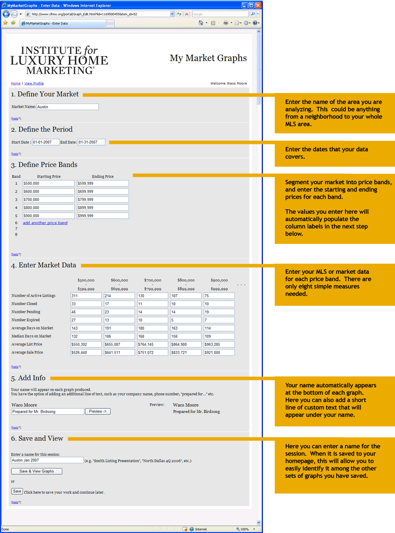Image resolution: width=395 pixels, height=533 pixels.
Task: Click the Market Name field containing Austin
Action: [67, 107]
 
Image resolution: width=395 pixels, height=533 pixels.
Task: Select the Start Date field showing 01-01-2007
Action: [45, 142]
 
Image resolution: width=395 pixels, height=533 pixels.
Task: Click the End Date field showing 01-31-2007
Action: [91, 142]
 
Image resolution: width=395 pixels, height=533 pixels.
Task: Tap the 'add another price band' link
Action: [45, 223]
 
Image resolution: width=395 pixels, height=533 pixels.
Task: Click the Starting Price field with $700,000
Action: [48, 200]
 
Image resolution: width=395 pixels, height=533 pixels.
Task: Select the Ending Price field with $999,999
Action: [103, 216]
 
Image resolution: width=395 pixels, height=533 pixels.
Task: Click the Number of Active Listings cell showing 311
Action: [86, 296]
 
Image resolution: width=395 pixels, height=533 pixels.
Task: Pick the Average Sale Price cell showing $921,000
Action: [219, 353]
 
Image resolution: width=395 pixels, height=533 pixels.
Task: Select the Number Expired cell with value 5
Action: [186, 320]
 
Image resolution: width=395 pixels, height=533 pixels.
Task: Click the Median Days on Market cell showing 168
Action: [152, 336]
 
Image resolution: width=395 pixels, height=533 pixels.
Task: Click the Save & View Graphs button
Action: [36, 471]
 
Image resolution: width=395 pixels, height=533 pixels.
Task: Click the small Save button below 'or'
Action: [17, 491]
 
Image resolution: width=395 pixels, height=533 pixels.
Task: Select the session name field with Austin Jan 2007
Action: [47, 460]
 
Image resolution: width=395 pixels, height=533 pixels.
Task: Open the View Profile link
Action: [34, 83]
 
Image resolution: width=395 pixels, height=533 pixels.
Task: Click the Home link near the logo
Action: [16, 83]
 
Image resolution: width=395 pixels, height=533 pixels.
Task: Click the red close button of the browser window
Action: [258, 5]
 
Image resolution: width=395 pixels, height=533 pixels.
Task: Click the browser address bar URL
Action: [99, 14]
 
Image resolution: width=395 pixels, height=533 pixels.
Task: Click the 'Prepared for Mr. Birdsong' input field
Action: [47, 411]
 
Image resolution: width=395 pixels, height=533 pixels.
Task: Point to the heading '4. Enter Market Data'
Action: [43, 265]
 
